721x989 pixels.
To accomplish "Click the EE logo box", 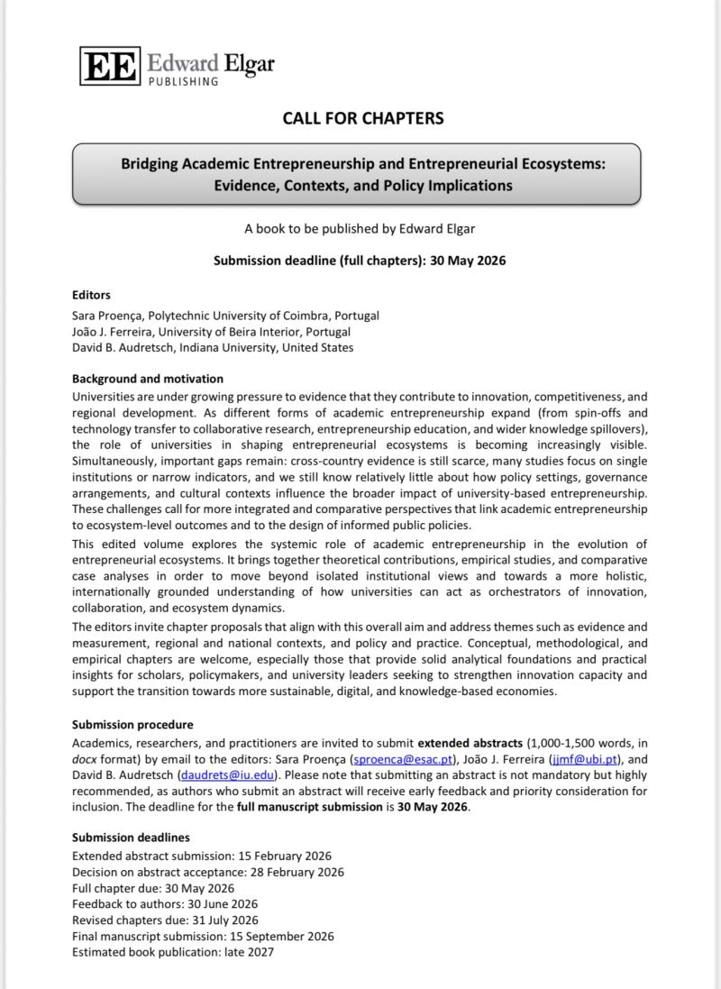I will [x=110, y=66].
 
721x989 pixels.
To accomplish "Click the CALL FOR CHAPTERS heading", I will [x=363, y=118].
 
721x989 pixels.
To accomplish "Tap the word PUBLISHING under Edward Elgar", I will [x=183, y=81].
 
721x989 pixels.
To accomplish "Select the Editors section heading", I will [x=91, y=294].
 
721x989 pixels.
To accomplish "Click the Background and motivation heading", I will [x=148, y=379].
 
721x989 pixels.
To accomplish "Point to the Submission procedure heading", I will [x=132, y=724].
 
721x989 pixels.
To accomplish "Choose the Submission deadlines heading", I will [x=131, y=837].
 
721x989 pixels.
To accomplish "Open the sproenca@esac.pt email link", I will [x=395, y=758].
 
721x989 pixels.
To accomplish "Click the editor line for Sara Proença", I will [x=225, y=316].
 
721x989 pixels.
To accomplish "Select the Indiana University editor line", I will [x=213, y=347].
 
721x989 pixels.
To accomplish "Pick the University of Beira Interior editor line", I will [x=210, y=331].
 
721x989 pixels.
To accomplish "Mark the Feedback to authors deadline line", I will [x=165, y=904].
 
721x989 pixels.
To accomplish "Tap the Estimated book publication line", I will [x=173, y=952].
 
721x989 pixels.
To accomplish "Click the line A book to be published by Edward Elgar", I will [x=360, y=229].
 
